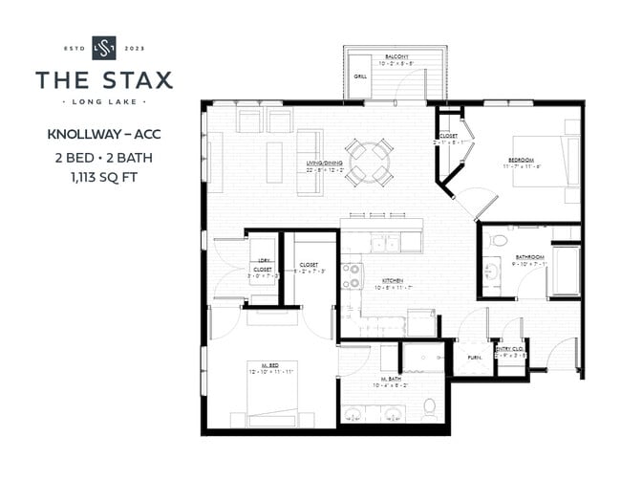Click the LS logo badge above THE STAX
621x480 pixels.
point(103,47)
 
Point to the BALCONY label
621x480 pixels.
point(396,57)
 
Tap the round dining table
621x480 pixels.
point(368,163)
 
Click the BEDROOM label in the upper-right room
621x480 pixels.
point(521,160)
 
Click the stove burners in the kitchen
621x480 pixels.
point(352,276)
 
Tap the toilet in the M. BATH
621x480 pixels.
point(430,409)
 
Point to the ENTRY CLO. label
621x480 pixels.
point(508,350)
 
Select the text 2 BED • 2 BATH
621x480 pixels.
point(103,156)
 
